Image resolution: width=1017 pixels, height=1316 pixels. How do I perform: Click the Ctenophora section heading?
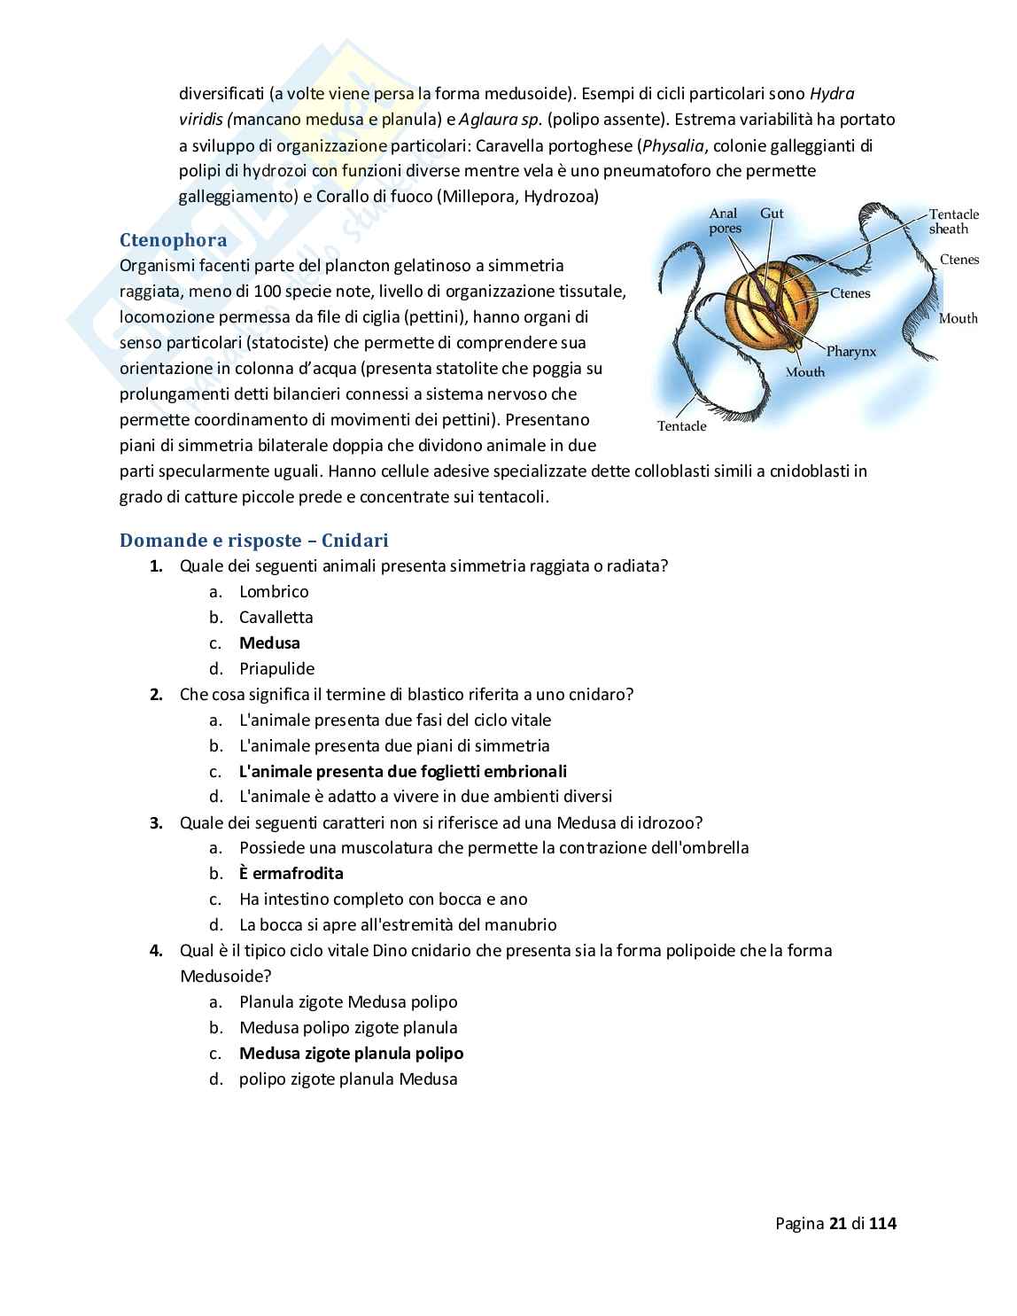(x=173, y=240)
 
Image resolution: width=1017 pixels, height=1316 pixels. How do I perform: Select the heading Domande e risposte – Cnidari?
(x=253, y=541)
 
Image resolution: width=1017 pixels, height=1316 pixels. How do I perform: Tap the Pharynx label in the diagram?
(x=850, y=352)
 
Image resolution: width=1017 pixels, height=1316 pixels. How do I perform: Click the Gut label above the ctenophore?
(x=771, y=214)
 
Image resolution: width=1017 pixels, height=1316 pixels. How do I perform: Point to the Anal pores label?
(x=725, y=221)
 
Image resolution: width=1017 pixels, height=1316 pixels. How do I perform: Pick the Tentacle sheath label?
(x=953, y=222)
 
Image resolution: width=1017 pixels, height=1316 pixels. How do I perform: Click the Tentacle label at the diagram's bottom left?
(x=681, y=426)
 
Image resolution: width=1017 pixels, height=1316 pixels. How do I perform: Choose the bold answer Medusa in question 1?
(x=269, y=643)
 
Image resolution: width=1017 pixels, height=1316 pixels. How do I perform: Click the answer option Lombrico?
(x=274, y=592)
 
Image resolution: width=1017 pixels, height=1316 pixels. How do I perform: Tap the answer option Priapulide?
(x=276, y=669)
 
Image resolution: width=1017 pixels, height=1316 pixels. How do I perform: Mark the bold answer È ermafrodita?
(x=291, y=874)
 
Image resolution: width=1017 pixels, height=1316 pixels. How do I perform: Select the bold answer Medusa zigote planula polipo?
(x=351, y=1054)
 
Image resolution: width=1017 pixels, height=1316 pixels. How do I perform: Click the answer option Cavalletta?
(x=276, y=618)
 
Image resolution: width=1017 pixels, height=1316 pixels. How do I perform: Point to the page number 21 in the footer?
(x=838, y=1224)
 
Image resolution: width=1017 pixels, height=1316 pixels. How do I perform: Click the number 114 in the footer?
(x=882, y=1224)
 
